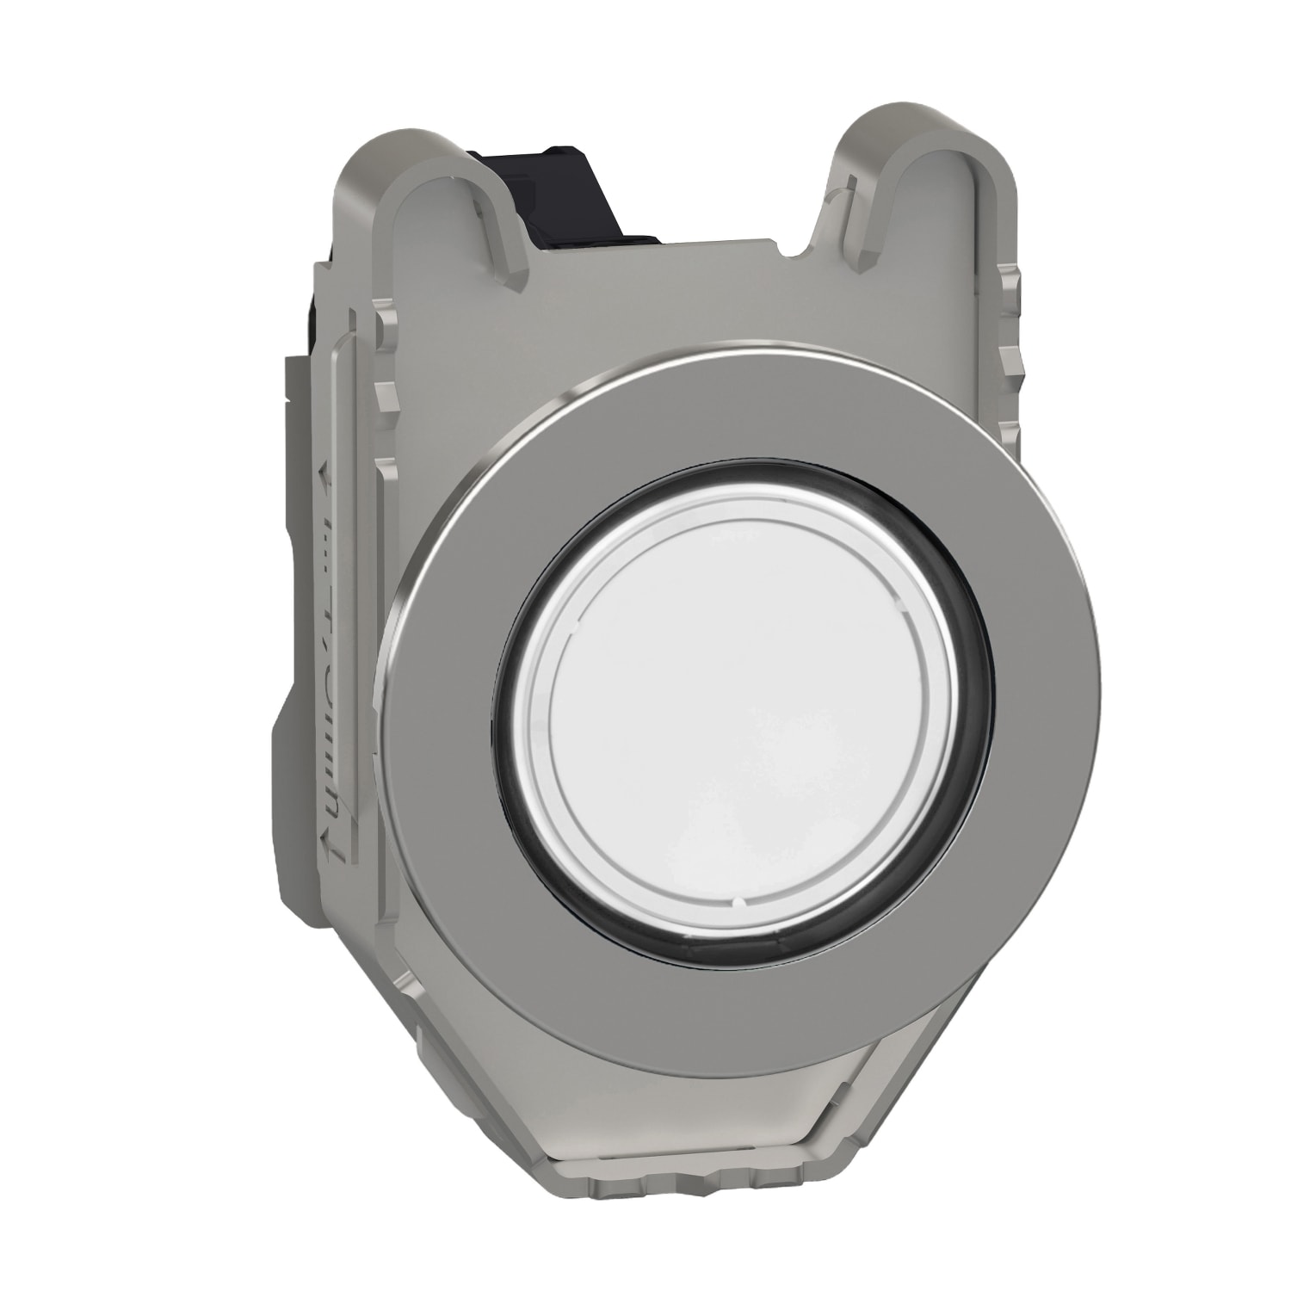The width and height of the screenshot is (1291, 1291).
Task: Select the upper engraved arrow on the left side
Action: coord(324,472)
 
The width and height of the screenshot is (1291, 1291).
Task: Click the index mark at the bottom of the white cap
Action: coord(739,903)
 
